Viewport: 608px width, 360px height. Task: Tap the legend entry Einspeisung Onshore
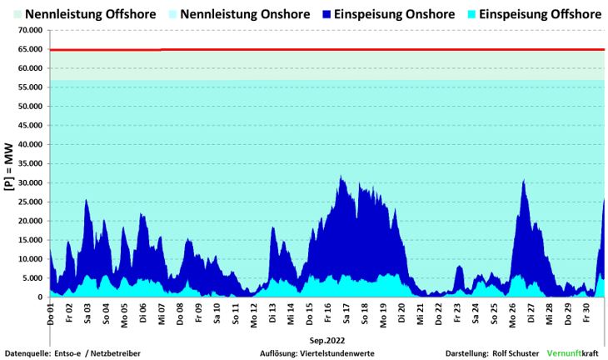coord(396,14)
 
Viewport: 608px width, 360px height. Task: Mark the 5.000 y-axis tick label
coord(32,278)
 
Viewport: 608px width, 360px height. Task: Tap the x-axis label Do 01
coord(51,314)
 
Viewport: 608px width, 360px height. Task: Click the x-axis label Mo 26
coord(511,314)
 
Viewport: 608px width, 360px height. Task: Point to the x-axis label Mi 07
coord(162,314)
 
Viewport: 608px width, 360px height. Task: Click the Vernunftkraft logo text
coord(574,353)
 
